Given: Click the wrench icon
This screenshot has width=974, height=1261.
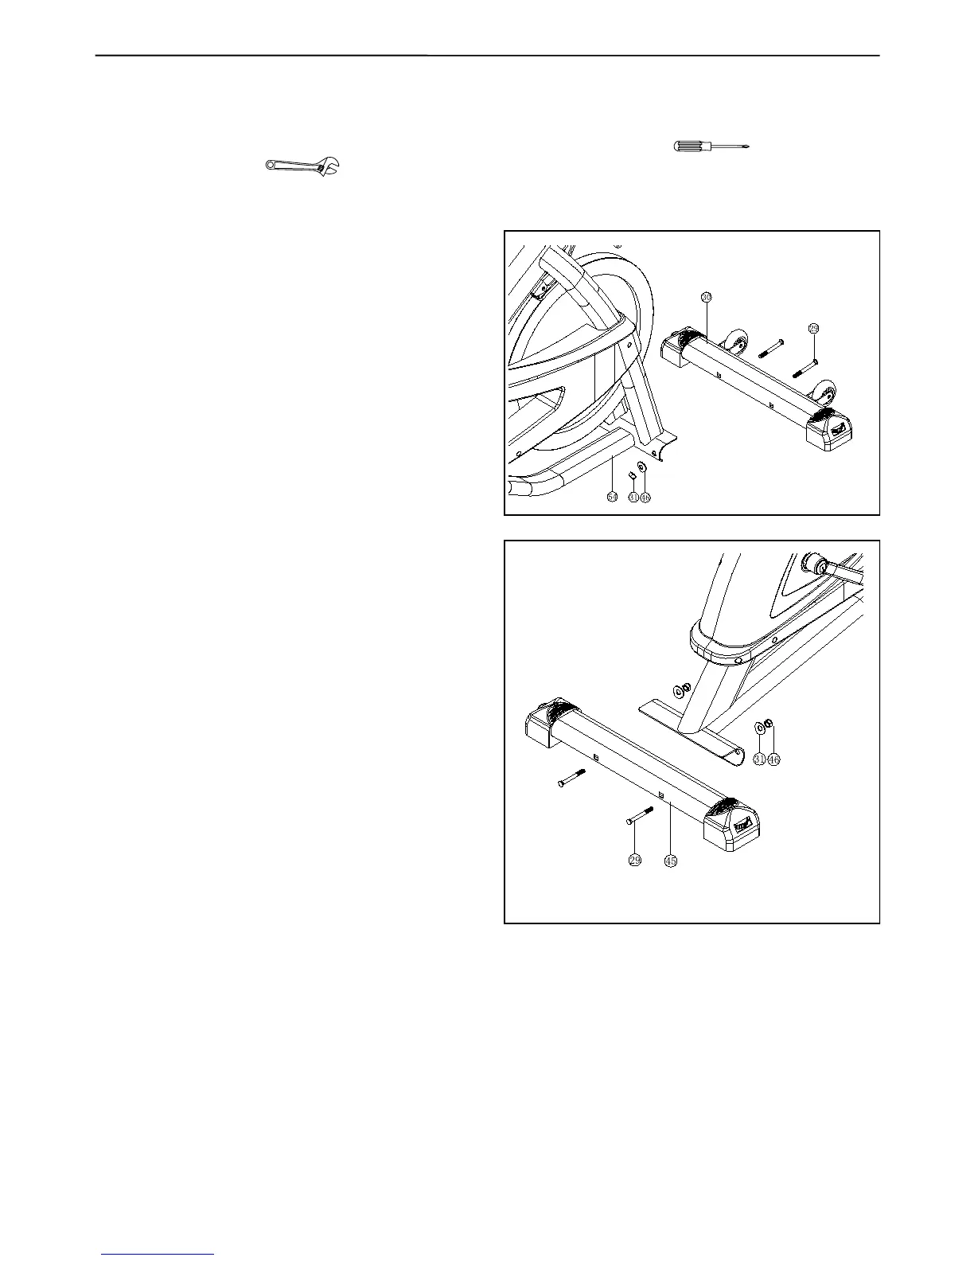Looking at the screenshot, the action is tap(302, 166).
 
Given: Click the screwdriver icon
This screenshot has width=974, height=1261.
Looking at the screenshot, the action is tap(712, 146).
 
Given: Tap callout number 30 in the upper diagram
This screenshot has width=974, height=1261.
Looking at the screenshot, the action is tap(706, 297).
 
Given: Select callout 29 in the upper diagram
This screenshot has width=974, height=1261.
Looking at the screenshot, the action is tap(813, 328).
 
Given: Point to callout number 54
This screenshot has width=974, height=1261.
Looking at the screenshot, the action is tap(612, 497).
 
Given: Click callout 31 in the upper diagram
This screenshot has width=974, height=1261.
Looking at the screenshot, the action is tap(633, 497).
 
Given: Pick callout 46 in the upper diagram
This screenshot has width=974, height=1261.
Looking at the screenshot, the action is tap(645, 497).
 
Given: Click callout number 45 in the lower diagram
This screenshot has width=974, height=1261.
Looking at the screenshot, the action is tap(671, 860).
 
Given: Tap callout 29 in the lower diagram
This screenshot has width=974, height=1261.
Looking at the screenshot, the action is tap(635, 860).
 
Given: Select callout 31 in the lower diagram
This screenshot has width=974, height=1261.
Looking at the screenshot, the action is tap(760, 759).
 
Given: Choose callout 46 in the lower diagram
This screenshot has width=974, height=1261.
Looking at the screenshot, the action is tap(773, 759).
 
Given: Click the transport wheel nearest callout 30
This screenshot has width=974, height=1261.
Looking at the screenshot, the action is tap(736, 345).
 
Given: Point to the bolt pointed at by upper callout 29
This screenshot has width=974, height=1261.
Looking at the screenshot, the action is tap(805, 368).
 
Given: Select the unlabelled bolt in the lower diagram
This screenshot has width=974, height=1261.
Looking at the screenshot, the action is tap(571, 779).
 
